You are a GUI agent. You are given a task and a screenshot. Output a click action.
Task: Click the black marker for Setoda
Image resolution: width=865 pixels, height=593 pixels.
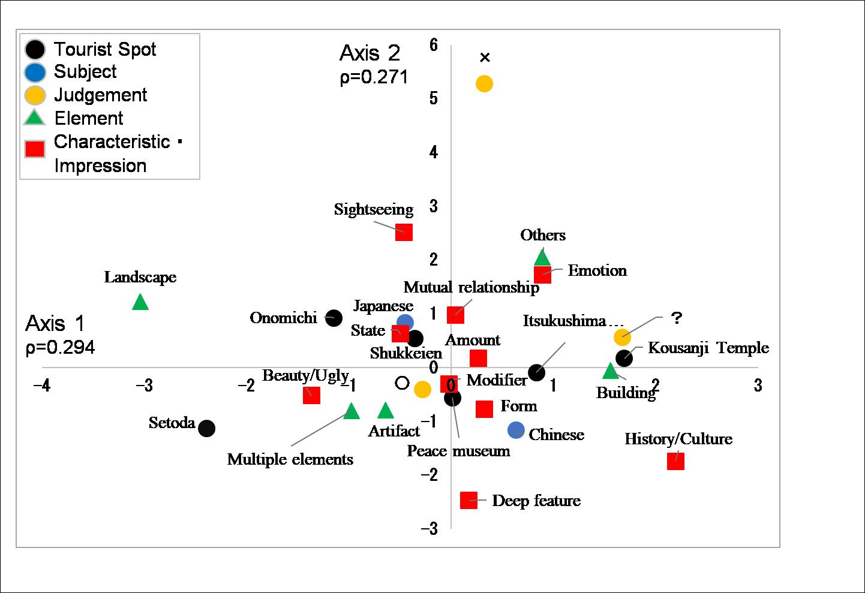click(x=206, y=429)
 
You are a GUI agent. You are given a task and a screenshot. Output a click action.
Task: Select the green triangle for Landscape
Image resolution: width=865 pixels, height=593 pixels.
click(x=140, y=302)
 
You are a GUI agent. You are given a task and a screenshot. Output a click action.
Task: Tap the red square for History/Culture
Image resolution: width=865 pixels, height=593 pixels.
click(x=675, y=461)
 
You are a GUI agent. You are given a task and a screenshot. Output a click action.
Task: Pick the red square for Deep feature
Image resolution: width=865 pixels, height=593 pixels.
click(x=468, y=500)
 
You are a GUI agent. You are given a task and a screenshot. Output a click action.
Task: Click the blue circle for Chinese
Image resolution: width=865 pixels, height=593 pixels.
click(x=516, y=430)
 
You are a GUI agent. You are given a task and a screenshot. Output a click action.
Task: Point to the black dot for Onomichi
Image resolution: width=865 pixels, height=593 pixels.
click(x=334, y=318)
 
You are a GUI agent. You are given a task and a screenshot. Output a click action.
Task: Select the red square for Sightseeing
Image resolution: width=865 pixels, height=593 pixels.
click(x=404, y=232)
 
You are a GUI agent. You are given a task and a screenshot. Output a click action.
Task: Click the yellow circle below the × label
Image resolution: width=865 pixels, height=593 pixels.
click(x=484, y=84)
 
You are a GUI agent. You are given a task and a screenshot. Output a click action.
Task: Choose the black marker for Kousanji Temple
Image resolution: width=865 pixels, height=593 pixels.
click(x=624, y=358)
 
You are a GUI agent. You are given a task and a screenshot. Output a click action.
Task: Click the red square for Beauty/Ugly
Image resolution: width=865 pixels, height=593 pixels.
click(x=311, y=395)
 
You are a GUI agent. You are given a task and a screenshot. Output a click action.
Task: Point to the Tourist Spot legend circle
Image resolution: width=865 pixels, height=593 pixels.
click(x=35, y=49)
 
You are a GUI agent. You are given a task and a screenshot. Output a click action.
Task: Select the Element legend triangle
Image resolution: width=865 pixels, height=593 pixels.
click(x=35, y=118)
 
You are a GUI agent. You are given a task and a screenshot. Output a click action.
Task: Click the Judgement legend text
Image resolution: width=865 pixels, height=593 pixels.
click(x=100, y=95)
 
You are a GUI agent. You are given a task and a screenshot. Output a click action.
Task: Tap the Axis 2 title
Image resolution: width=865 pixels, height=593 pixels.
click(x=370, y=53)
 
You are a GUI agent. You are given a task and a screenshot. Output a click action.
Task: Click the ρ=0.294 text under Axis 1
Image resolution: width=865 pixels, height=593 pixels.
click(x=60, y=348)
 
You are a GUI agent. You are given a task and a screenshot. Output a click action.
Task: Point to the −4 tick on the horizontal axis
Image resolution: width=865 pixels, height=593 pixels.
click(x=41, y=385)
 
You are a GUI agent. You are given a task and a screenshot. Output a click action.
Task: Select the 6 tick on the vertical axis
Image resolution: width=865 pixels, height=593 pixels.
click(x=434, y=45)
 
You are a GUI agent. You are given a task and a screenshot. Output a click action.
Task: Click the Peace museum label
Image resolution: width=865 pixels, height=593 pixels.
click(x=458, y=451)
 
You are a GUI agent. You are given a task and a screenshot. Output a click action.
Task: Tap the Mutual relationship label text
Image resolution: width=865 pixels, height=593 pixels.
click(x=471, y=288)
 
